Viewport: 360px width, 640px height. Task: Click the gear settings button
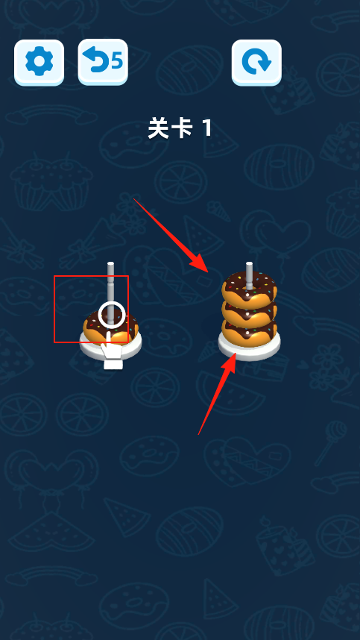click(x=40, y=62)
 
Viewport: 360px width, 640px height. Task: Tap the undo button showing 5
click(x=103, y=62)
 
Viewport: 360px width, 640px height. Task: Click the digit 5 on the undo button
click(x=117, y=61)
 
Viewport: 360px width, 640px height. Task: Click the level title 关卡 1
click(x=180, y=128)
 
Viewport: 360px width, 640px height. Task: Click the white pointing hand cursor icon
click(x=112, y=351)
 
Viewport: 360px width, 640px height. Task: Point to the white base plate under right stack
click(x=249, y=350)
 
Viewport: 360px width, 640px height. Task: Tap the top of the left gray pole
click(x=110, y=264)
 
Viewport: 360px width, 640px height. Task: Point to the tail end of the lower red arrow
click(x=198, y=435)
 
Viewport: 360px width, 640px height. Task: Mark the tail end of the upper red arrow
click(x=133, y=198)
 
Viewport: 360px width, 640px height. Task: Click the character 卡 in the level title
click(x=181, y=128)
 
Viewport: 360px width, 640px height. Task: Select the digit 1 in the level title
click(x=207, y=128)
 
